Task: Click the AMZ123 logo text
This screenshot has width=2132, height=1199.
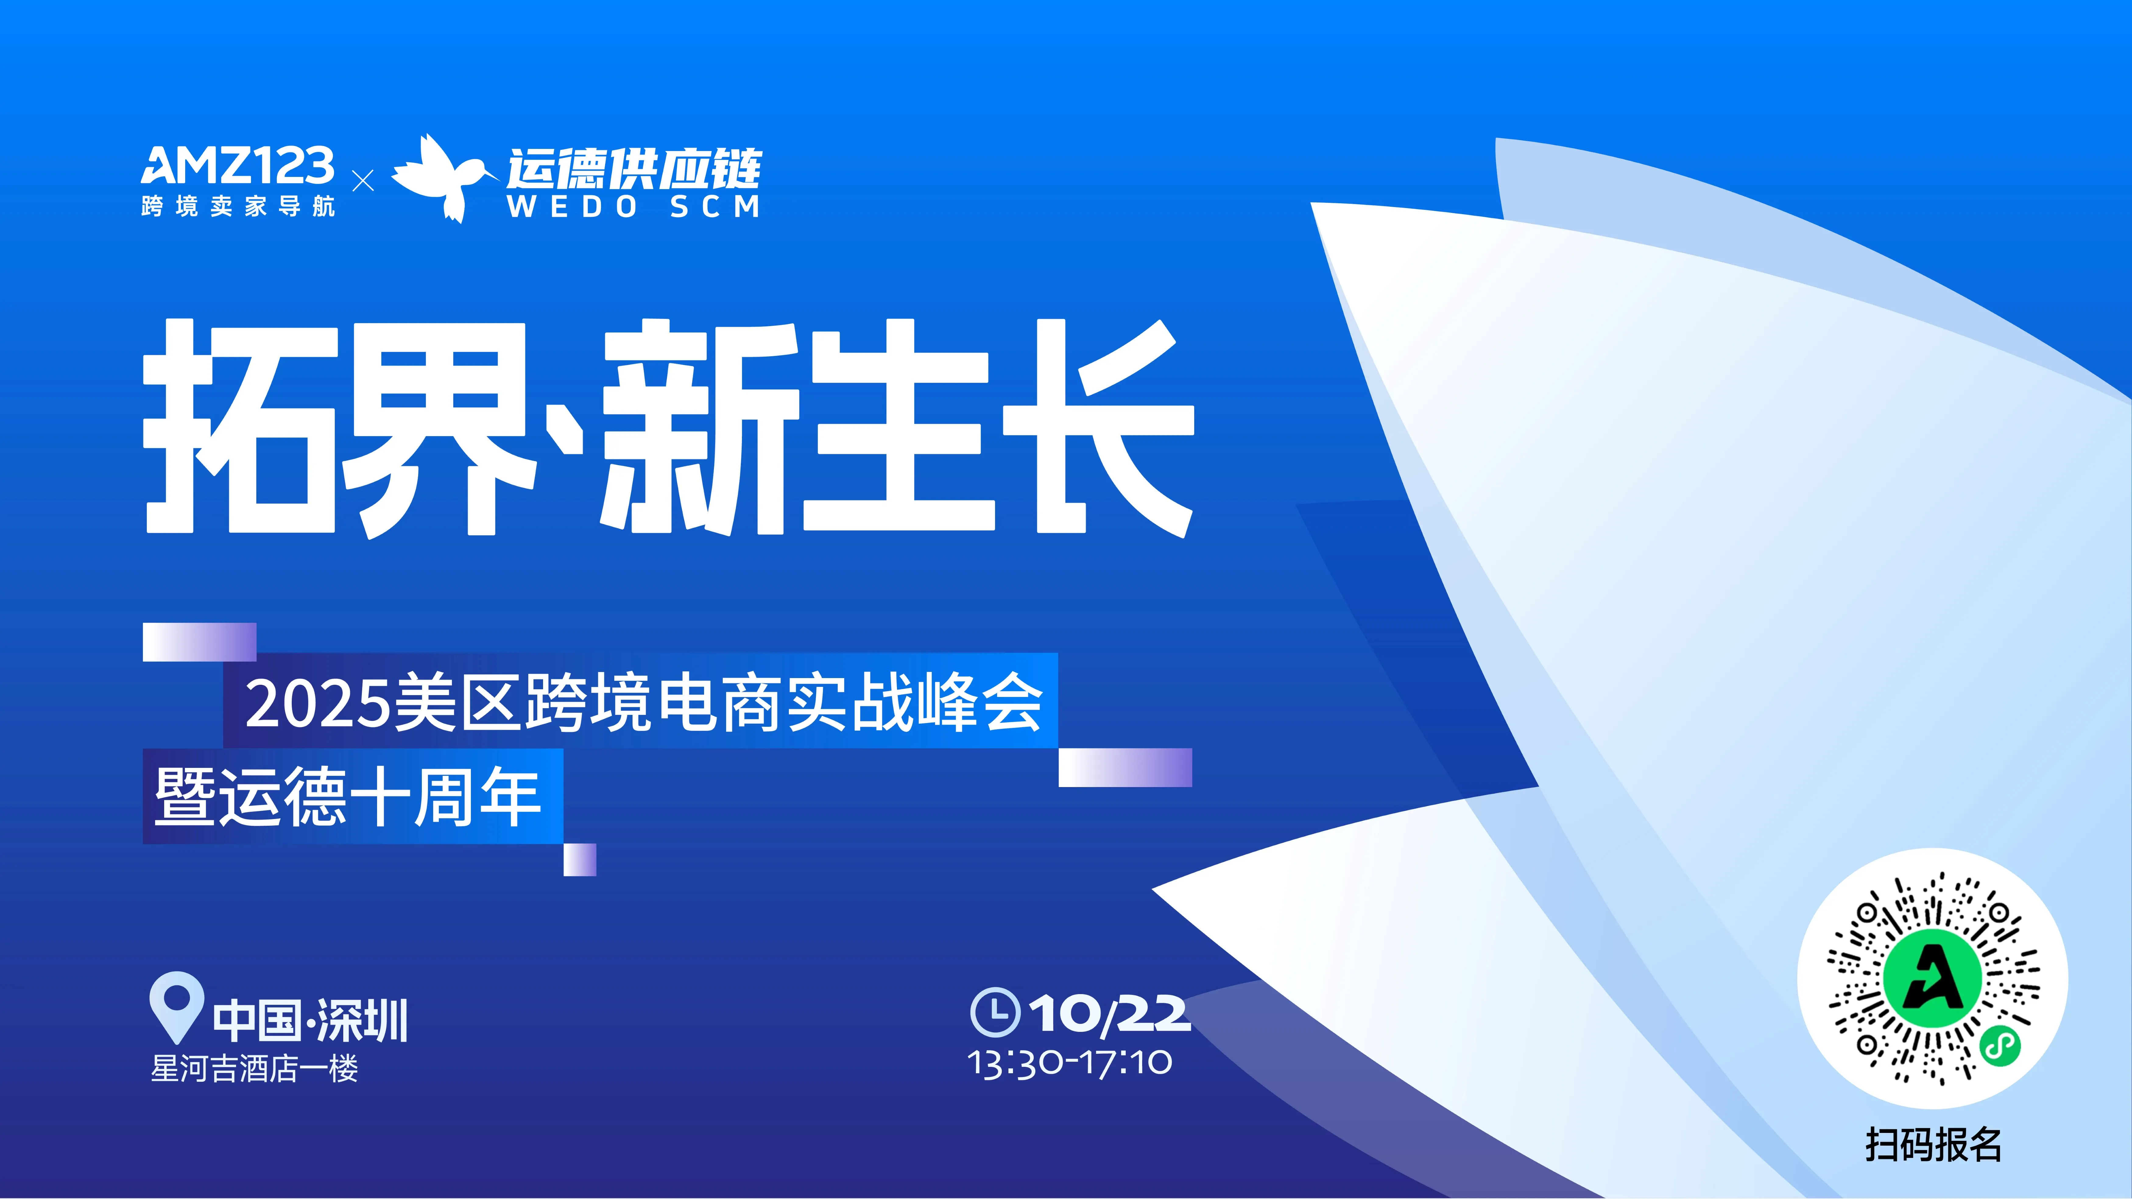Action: [x=238, y=166]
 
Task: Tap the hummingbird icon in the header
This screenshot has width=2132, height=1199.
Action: [x=443, y=178]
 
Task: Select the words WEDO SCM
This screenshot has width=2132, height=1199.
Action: [x=633, y=207]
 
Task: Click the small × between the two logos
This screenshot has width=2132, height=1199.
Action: [x=362, y=180]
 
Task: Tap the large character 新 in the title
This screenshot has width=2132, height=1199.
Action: [x=699, y=426]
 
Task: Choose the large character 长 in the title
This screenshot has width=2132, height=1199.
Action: [x=1097, y=426]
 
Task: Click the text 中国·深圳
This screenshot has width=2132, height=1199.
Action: [x=310, y=1020]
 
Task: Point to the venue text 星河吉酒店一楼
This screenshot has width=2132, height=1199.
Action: [x=254, y=1068]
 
